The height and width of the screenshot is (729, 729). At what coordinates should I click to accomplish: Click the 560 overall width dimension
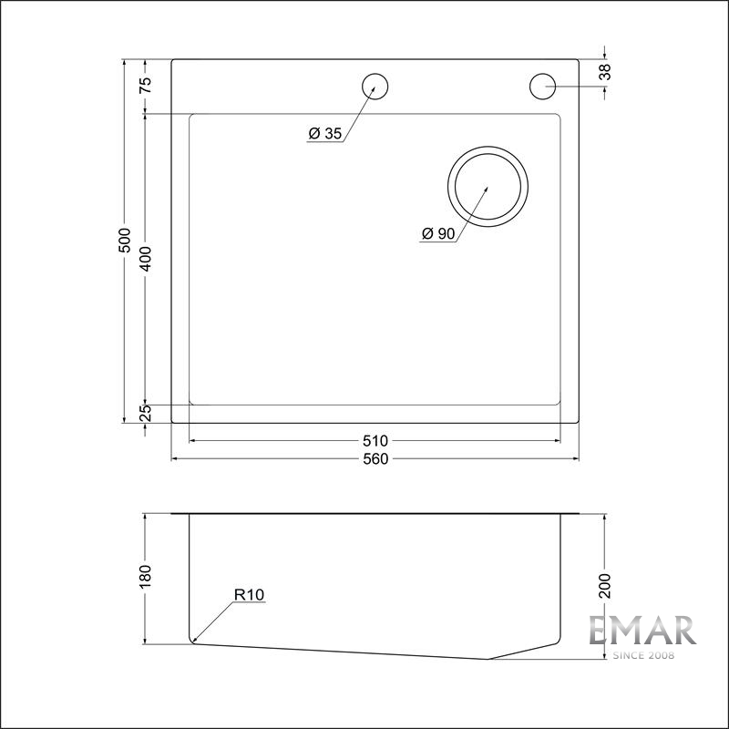375,458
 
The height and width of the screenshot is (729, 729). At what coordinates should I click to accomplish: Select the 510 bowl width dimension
375,441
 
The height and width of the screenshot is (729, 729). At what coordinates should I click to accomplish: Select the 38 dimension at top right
606,73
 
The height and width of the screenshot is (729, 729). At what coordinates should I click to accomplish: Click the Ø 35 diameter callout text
324,134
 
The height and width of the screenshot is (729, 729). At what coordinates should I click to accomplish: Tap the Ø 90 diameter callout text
437,234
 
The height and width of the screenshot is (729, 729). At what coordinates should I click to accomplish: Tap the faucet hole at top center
375,87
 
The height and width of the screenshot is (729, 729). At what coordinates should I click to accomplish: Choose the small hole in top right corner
542,87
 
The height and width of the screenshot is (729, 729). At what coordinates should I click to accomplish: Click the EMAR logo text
642,631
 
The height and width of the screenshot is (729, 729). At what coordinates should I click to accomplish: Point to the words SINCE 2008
642,655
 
